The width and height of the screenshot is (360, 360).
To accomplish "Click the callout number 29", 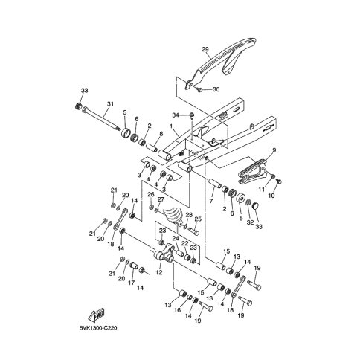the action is (205, 49).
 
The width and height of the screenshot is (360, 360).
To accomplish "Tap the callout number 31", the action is (110, 104).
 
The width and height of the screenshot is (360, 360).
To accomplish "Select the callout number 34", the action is (176, 115).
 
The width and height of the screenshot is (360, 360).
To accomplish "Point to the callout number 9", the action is (274, 150).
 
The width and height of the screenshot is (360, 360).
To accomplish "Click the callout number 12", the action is (159, 272).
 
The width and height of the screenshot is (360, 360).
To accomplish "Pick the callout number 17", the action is (132, 283).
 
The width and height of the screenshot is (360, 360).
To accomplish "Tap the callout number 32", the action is (250, 222).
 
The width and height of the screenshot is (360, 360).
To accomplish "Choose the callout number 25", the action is (198, 219).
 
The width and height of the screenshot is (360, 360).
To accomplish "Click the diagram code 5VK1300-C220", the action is (98, 328).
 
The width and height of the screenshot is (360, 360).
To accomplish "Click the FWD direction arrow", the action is (97, 315).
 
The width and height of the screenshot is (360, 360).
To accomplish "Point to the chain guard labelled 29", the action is (225, 57).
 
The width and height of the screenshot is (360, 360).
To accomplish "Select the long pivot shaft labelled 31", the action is (101, 118).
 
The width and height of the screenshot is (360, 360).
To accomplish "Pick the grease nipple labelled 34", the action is (192, 115).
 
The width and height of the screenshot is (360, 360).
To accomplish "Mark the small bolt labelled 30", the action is (199, 89).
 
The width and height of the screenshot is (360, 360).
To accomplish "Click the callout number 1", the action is (171, 126).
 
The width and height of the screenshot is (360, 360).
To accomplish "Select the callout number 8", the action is (161, 134).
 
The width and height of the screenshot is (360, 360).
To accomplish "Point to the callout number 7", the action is (211, 201).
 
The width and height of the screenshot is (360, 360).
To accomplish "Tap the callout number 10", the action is (271, 196).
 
